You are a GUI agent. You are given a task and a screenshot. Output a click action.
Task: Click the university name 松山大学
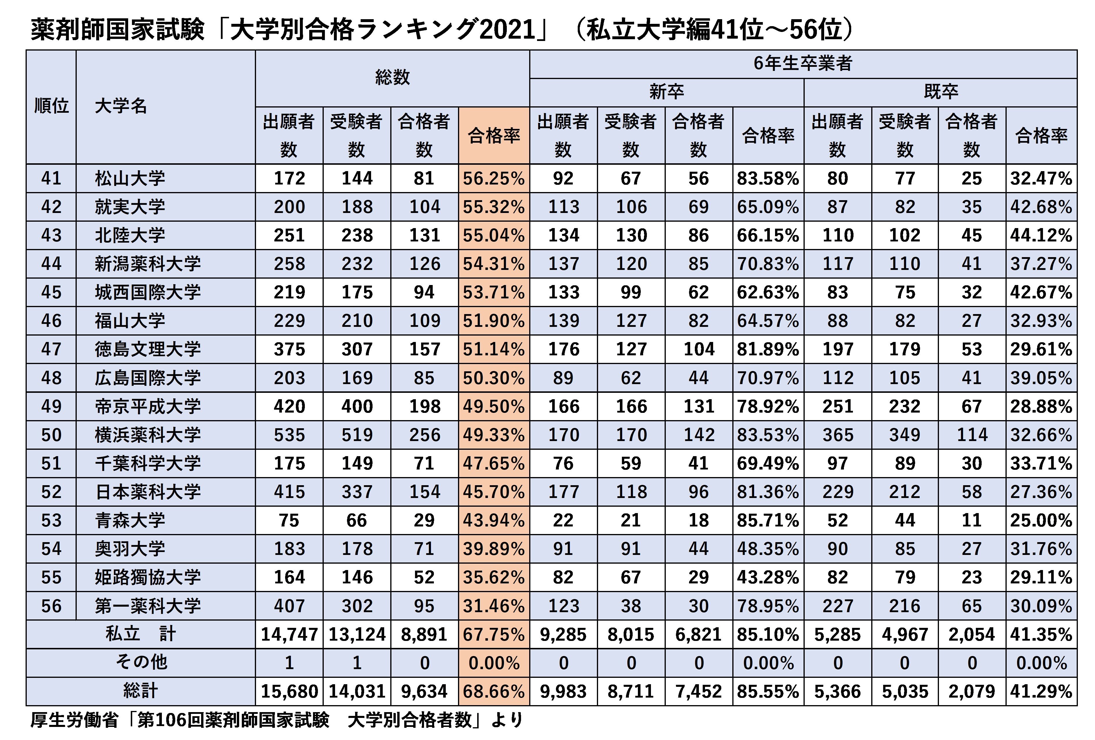(130, 178)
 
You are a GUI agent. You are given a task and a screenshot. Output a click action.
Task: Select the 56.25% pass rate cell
(493, 178)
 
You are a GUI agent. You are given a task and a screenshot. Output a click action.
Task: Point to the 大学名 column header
(121, 106)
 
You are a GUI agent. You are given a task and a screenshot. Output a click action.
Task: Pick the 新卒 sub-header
(666, 92)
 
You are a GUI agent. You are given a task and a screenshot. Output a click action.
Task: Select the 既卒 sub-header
(940, 92)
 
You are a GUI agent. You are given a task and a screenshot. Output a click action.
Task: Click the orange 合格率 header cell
(493, 136)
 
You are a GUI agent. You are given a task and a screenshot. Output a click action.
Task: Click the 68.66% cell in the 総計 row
(493, 691)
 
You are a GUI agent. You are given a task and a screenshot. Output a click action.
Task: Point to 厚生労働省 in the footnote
(74, 720)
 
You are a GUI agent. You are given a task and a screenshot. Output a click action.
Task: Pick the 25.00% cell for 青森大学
(1041, 520)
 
